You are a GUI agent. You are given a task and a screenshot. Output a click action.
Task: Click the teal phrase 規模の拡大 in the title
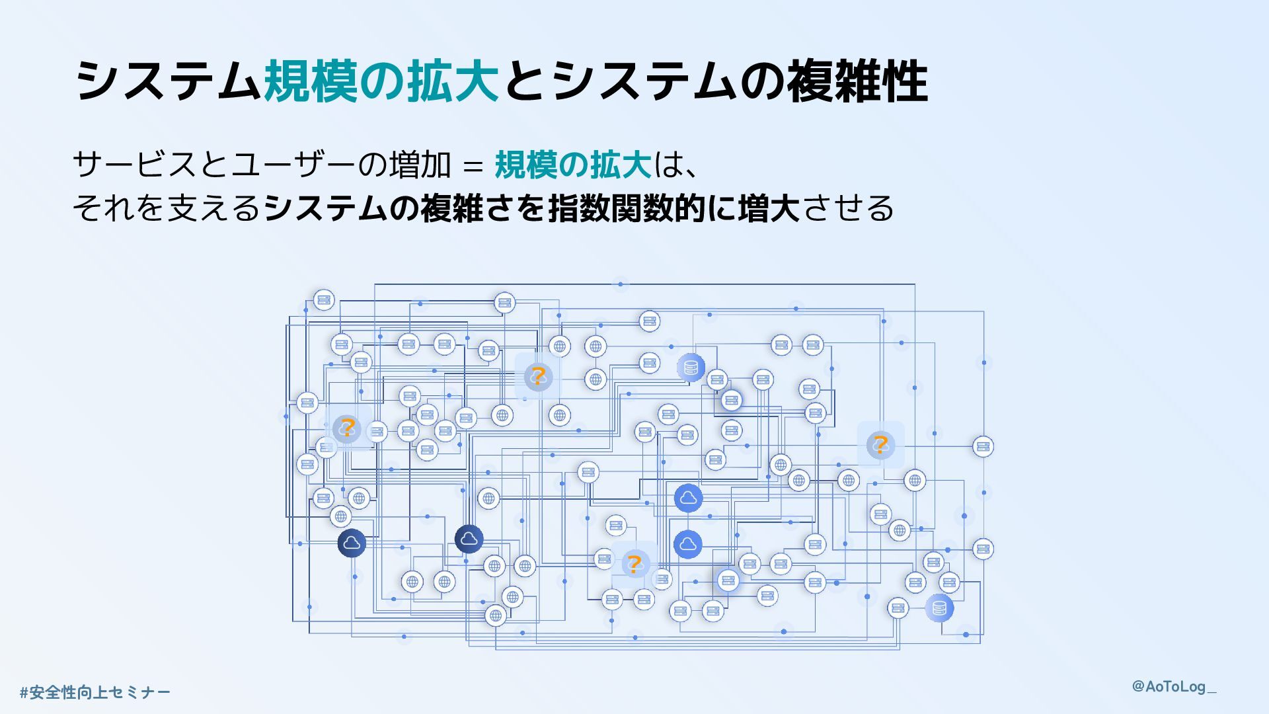tap(381, 82)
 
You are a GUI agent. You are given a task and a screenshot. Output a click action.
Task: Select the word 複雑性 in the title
tap(858, 82)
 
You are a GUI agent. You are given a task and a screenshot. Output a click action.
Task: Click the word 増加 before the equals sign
tap(420, 165)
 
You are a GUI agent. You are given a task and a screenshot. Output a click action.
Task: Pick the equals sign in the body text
tap(473, 166)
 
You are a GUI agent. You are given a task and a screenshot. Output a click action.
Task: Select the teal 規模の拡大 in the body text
tap(573, 165)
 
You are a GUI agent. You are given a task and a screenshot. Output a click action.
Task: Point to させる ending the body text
tap(847, 208)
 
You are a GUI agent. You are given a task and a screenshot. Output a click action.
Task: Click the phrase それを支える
tap(167, 208)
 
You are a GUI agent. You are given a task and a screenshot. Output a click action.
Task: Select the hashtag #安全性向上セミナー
tap(95, 692)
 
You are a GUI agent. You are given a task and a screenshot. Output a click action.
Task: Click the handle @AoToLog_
tap(1174, 686)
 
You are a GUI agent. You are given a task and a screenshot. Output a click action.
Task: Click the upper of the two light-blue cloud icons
tap(688, 498)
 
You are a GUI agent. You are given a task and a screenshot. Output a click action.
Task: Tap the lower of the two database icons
tap(939, 608)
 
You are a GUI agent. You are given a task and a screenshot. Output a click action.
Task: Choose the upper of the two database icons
tap(691, 368)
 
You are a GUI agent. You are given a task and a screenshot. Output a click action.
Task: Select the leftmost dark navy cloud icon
tap(352, 543)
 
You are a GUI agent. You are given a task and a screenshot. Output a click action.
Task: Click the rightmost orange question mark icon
tap(880, 444)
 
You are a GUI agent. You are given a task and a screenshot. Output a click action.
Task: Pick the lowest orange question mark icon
tap(634, 564)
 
